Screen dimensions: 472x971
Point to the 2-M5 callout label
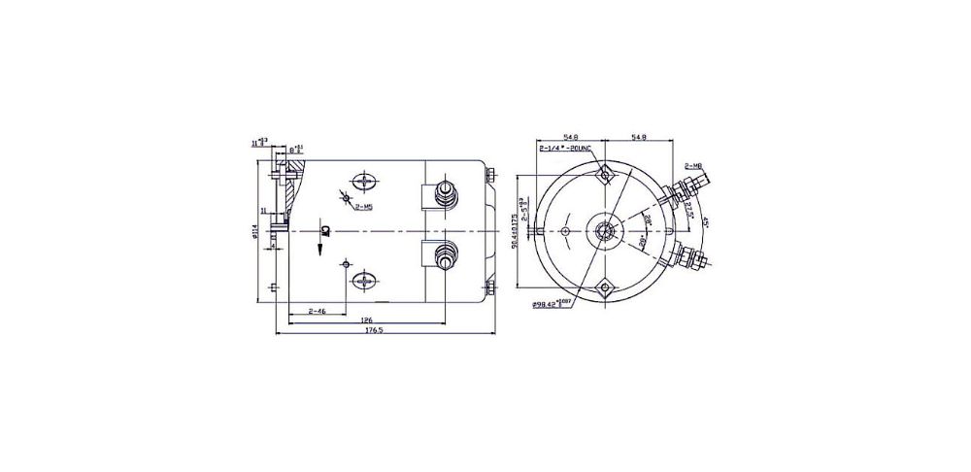point(365,207)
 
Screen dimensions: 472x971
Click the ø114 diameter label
point(255,234)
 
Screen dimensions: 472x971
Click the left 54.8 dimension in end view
point(571,137)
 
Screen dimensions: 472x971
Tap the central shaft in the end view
point(605,230)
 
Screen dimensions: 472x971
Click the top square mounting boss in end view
point(605,175)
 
